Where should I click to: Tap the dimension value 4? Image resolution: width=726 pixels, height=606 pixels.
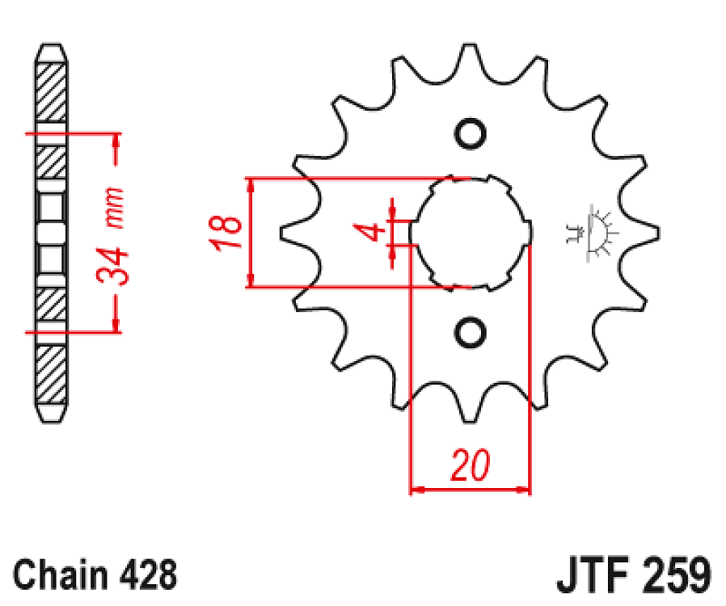click(371, 233)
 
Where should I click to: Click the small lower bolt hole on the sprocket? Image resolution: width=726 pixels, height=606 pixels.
click(470, 331)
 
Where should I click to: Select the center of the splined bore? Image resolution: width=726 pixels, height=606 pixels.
click(471, 233)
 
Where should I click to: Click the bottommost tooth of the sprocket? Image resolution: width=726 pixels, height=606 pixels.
click(469, 411)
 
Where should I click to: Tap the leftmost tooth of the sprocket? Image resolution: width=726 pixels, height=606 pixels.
click(289, 233)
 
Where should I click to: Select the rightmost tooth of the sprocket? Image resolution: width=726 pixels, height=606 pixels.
click(652, 233)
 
